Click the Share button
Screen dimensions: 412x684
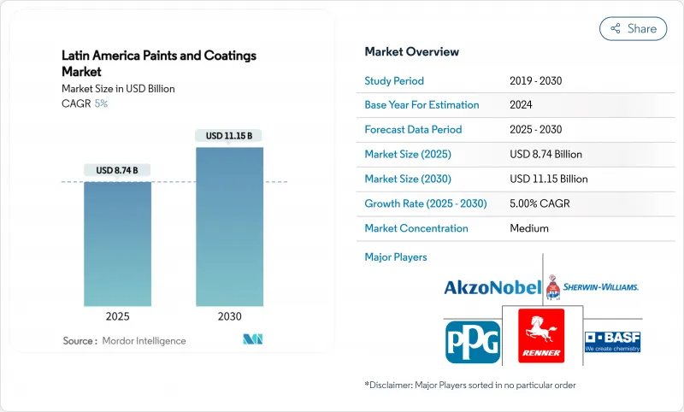pos(634,28)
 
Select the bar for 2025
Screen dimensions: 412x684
pos(117,244)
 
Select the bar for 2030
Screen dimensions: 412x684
pos(229,227)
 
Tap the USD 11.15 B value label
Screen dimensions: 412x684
pos(229,136)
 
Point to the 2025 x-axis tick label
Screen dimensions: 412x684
pos(117,315)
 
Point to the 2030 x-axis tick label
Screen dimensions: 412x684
pos(229,315)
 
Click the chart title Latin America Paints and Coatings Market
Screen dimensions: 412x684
pos(158,63)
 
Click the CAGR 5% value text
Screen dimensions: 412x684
pos(101,103)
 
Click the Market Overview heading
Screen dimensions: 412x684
pos(411,51)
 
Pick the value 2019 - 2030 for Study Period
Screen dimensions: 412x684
pos(535,80)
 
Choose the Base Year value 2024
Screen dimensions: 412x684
pos(521,105)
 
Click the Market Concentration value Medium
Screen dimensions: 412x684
pos(528,228)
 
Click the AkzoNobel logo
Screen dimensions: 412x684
pos(492,287)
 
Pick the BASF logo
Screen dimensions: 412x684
pos(612,341)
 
